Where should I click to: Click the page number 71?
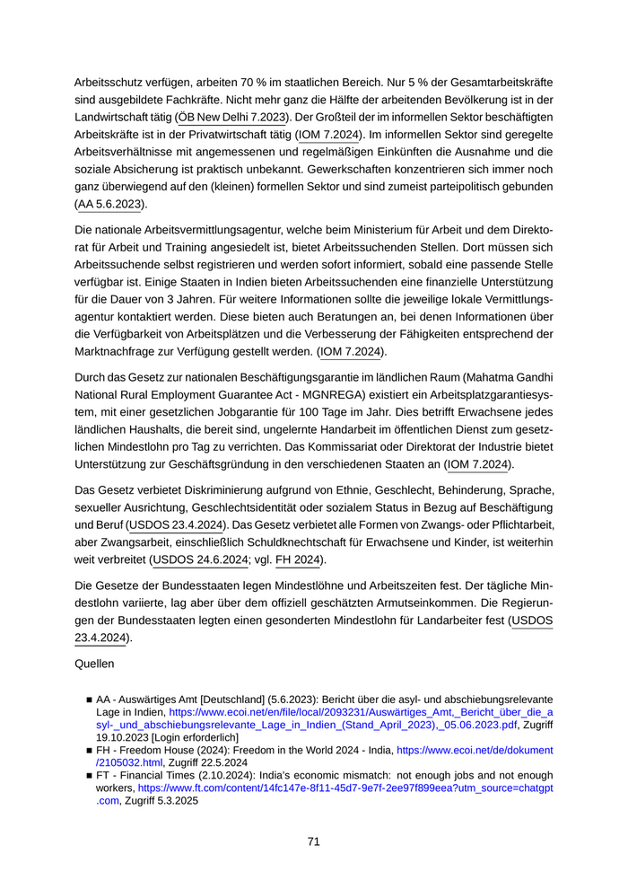click(x=314, y=841)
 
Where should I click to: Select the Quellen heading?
click(x=97, y=667)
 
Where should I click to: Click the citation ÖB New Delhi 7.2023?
click(x=231, y=118)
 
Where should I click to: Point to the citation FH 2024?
click(x=297, y=560)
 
